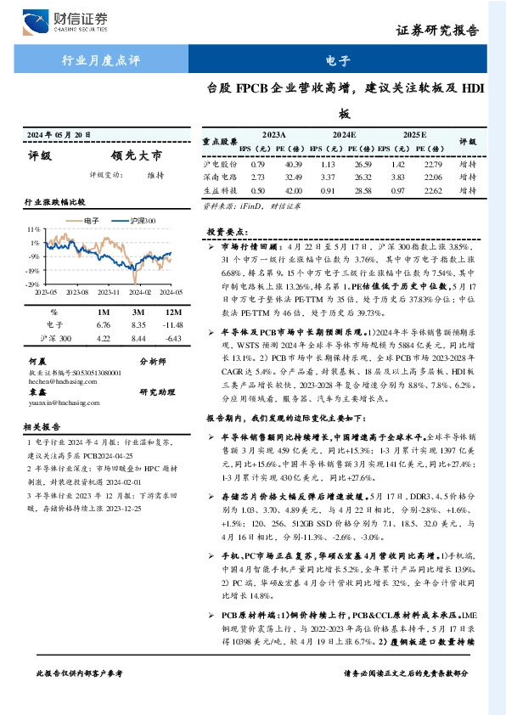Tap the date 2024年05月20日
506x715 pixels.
click(x=59, y=135)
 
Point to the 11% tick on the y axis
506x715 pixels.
click(x=35, y=230)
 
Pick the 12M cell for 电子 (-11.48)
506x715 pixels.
click(x=172, y=324)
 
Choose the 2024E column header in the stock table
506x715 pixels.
click(x=343, y=134)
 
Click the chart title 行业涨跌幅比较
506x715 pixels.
click(x=55, y=202)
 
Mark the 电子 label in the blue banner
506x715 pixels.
click(x=339, y=61)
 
